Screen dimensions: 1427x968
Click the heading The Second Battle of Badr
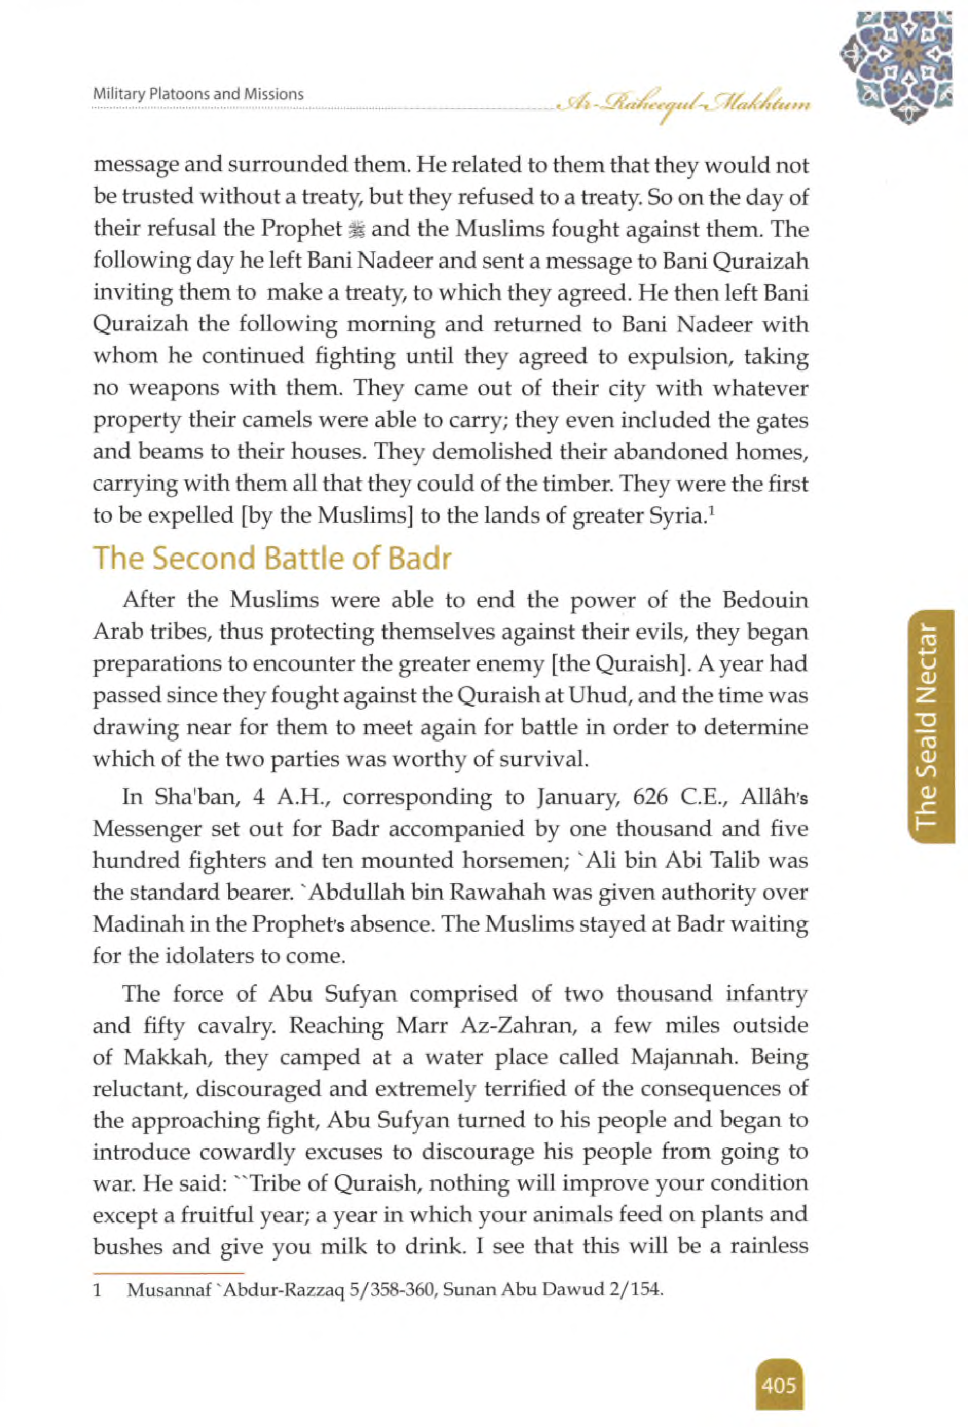(x=271, y=559)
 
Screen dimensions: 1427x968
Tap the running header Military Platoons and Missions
(x=198, y=95)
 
